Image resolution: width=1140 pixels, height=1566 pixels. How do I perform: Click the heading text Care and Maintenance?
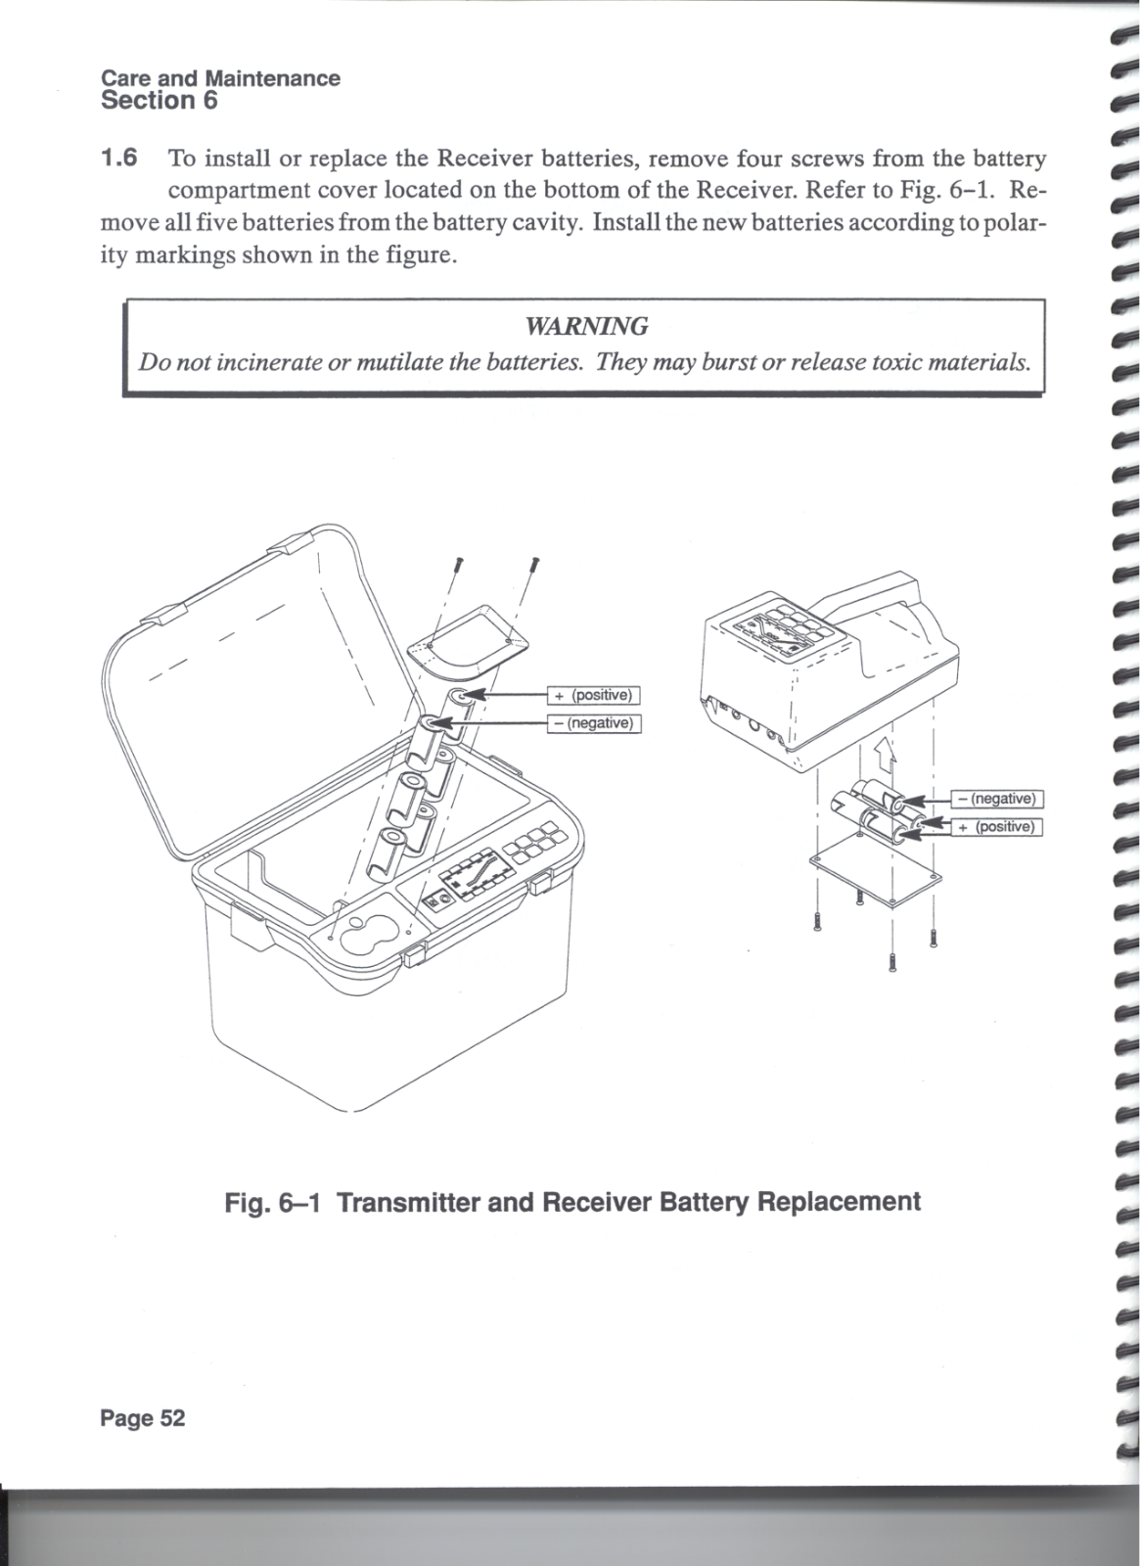click(x=220, y=78)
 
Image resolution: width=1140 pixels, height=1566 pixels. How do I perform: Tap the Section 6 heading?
click(x=159, y=101)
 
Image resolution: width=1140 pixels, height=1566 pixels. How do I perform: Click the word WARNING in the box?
click(x=586, y=326)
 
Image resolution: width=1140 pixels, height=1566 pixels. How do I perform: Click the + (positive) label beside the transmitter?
click(x=594, y=695)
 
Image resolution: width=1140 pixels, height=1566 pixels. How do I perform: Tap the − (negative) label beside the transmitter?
click(x=594, y=723)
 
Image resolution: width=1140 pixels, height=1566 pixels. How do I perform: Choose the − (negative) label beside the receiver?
click(x=998, y=799)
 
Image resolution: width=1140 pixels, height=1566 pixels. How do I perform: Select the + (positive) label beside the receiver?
click(x=998, y=827)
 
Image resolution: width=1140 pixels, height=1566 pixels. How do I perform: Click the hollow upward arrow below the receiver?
click(x=885, y=754)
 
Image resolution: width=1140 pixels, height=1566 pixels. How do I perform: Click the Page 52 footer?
click(x=142, y=1418)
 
